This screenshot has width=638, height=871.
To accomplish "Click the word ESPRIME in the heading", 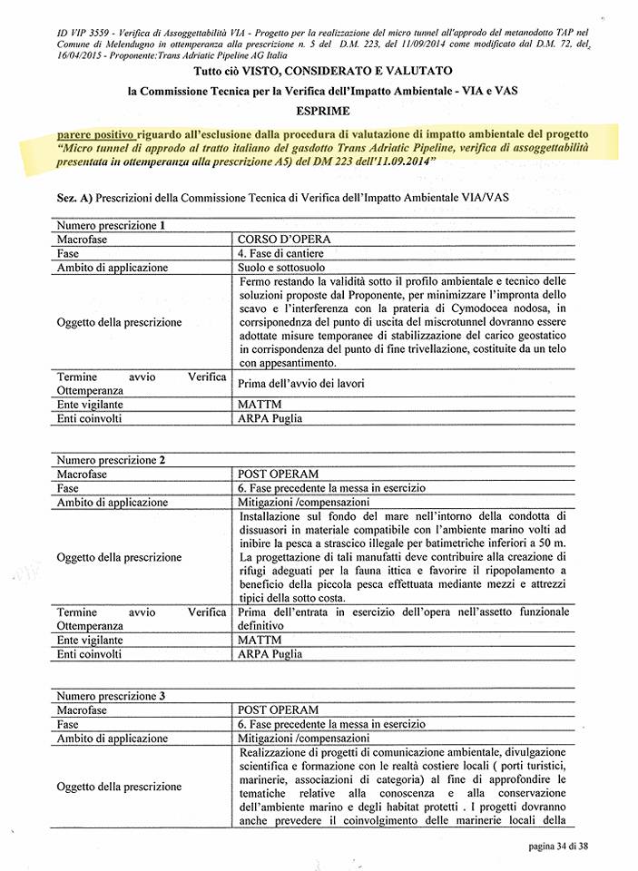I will pos(319,111).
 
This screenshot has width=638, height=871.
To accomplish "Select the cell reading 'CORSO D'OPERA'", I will pos(283,240).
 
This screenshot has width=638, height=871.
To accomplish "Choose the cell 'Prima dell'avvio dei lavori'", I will pos(301,384).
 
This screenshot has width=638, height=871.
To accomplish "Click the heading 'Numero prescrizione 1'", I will pos(111,224).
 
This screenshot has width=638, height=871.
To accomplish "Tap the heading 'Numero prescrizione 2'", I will pos(111,459).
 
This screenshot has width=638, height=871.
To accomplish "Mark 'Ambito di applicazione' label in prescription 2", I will pos(113,502).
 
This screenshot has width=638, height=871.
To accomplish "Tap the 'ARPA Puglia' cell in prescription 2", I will pos(270,653).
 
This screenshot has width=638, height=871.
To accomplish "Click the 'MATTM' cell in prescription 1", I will pos(260,404).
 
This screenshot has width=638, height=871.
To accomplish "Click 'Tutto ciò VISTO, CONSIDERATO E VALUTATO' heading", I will pos(319,71).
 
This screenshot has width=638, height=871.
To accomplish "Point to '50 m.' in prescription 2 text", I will pos(554,542).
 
